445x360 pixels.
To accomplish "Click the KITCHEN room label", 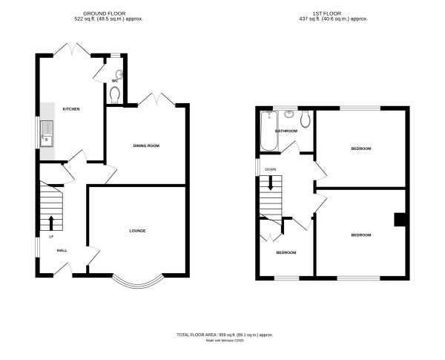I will [x=71, y=109].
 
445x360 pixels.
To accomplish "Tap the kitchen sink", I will [x=47, y=133].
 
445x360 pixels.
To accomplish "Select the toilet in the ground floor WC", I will [x=113, y=94].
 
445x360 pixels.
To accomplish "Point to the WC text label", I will [x=115, y=81].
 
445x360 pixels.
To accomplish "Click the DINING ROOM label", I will [x=146, y=145].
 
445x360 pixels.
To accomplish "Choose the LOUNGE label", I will [x=137, y=231].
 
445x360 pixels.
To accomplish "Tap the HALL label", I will [x=62, y=250].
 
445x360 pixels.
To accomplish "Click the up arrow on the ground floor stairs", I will [x=51, y=222].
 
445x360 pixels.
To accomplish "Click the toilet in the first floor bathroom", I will [x=306, y=119].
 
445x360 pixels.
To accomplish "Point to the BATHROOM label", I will [x=286, y=131].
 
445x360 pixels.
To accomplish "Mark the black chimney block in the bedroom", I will [x=399, y=219].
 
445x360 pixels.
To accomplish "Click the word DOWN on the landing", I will [x=271, y=169].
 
